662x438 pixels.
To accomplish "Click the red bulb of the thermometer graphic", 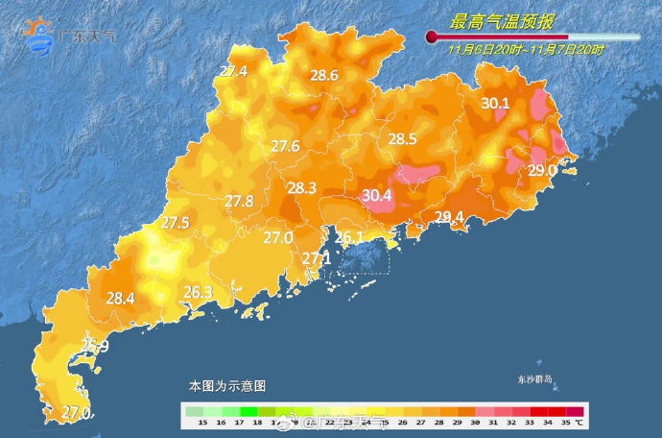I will pos(433,37).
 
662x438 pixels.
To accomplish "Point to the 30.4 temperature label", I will pos(377,196).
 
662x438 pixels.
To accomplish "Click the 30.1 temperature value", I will pos(495,103).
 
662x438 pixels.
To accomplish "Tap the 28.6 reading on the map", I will pos(323,76).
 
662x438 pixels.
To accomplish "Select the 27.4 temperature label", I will pos(233,71).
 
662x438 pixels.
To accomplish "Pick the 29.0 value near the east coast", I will pos(542,170).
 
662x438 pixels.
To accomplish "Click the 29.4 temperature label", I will pos(449,217).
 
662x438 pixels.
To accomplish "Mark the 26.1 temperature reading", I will pos(348,237).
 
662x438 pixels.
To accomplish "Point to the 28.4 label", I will pos(120,299).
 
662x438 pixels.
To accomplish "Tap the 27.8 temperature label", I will pos(239,201).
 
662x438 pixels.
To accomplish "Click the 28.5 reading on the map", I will pos(402,139).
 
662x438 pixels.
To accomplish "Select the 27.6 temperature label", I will pos(285,146).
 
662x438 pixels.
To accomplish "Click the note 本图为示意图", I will pos(226,385).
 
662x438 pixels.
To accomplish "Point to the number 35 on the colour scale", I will pos(565,422).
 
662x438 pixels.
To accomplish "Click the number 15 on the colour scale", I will pos(202,422).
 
